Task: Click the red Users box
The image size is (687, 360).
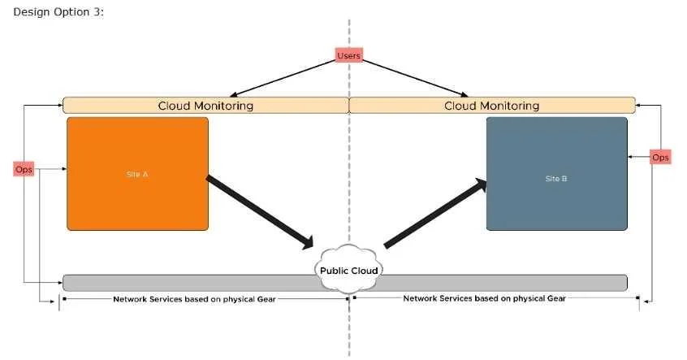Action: point(348,55)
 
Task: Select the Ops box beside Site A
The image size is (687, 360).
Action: point(24,169)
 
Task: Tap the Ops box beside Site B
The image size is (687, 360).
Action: point(660,157)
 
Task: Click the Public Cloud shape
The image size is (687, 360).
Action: point(348,269)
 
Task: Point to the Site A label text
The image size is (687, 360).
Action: point(137,174)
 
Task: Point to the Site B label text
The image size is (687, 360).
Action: point(556,179)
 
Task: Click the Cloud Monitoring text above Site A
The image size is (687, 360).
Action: point(205,106)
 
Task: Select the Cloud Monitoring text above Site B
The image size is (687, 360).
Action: point(491,106)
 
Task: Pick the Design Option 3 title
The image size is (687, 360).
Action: point(58,12)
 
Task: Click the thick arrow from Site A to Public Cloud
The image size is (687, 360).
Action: point(260,212)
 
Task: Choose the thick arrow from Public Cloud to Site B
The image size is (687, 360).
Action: point(435,213)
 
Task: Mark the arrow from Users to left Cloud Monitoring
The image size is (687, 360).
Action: point(283,78)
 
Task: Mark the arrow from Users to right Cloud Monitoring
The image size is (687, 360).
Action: point(415,78)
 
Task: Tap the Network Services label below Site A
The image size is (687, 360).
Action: point(195,299)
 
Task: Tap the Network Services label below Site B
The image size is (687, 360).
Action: point(484,298)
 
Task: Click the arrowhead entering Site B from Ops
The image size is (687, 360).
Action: point(630,157)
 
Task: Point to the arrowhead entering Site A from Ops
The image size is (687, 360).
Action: point(64,169)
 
